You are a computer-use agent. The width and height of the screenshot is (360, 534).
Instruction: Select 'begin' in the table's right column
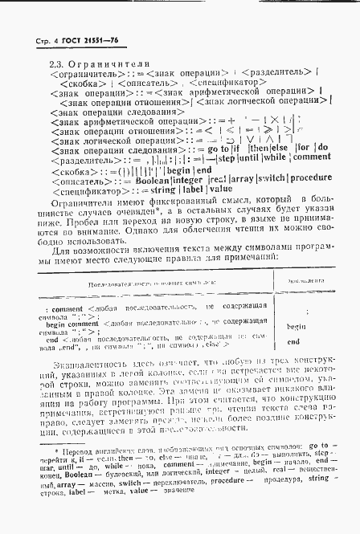tap(296, 326)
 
